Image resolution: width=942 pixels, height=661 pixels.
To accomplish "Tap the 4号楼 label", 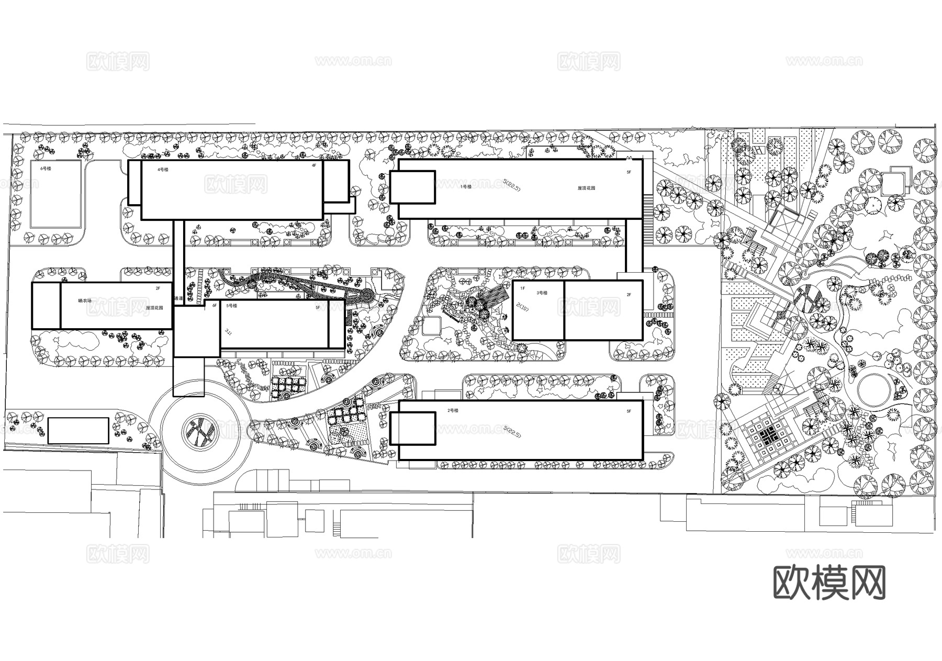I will [x=163, y=170].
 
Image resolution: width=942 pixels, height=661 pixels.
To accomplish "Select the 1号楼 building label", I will [x=466, y=186].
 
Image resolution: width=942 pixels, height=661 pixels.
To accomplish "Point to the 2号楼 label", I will [x=453, y=411].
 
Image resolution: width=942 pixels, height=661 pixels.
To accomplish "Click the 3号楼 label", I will [x=542, y=293].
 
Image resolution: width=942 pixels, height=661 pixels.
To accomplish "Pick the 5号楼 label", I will [x=231, y=306].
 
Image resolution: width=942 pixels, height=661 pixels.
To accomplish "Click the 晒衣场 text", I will [x=84, y=301].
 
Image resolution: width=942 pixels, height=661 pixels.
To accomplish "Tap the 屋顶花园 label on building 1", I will [x=586, y=188].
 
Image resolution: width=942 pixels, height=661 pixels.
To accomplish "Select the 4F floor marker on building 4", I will [x=314, y=165].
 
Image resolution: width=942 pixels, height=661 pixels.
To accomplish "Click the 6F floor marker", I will [x=215, y=306].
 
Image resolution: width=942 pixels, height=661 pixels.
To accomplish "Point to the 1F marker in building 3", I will [x=522, y=288].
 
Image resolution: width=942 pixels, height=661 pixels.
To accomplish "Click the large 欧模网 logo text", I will [x=829, y=582].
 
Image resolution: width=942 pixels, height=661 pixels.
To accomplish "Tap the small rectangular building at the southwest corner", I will [x=78, y=431].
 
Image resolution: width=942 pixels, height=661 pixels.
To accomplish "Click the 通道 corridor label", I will [x=178, y=298].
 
